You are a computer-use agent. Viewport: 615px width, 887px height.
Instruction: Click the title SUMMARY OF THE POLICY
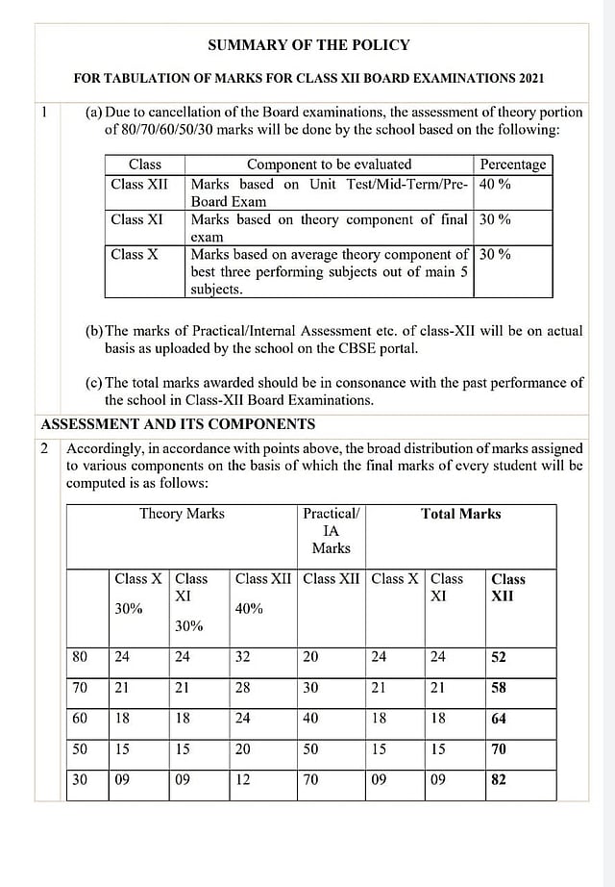point(308,45)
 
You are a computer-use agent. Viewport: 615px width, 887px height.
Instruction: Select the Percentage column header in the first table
point(512,165)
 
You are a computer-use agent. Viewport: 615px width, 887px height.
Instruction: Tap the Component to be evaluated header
point(329,165)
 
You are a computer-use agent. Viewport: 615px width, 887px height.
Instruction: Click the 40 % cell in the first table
point(495,184)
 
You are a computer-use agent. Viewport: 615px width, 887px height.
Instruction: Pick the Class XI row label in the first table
point(137,219)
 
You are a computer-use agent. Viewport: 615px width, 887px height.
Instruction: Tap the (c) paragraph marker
point(94,382)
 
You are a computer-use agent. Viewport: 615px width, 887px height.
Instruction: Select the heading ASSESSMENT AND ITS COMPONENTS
point(178,424)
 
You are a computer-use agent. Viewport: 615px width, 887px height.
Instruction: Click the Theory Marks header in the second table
point(182,514)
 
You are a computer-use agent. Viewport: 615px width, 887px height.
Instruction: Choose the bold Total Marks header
point(460,514)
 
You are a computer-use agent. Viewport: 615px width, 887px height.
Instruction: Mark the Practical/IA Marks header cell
point(331,530)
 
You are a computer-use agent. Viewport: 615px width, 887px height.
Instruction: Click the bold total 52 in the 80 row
point(498,658)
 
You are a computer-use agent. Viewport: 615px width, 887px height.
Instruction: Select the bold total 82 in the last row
point(498,780)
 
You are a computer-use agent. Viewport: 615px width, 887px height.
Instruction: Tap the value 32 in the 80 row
point(243,658)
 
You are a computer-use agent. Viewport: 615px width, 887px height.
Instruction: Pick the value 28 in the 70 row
point(243,689)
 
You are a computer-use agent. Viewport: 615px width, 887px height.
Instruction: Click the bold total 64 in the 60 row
point(498,720)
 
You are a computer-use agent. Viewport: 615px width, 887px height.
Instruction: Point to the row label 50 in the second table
point(80,749)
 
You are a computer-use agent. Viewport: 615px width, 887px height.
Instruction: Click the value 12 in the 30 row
point(243,780)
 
